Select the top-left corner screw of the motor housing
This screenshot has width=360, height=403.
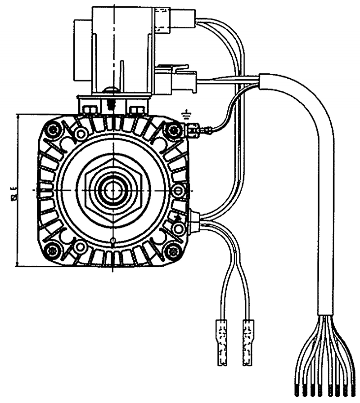54,130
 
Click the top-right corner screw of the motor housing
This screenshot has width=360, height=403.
172,130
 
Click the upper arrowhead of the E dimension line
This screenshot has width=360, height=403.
18,116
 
